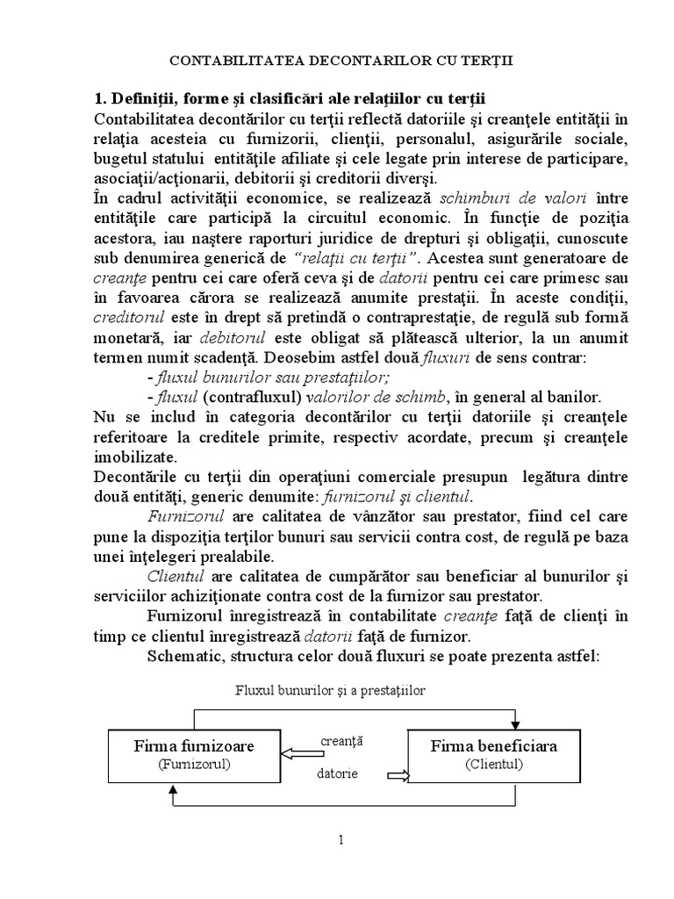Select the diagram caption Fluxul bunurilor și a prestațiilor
330,691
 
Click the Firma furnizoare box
195,754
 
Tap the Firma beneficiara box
494,754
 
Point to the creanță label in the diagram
343,741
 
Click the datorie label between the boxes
339,774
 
